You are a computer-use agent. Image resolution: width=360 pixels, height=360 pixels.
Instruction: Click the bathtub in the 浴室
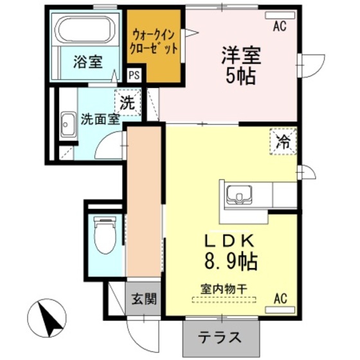[85, 30]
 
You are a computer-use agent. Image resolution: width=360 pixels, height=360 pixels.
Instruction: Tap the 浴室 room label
[88, 62]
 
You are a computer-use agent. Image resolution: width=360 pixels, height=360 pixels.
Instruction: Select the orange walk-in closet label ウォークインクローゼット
[154, 41]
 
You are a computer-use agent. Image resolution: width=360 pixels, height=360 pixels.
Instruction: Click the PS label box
[134, 75]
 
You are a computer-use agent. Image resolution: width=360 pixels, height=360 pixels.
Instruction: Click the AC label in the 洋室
[278, 26]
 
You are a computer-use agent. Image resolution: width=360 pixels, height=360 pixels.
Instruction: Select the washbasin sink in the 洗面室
[68, 124]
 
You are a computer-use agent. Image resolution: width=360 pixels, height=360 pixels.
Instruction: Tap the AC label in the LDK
[280, 298]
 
